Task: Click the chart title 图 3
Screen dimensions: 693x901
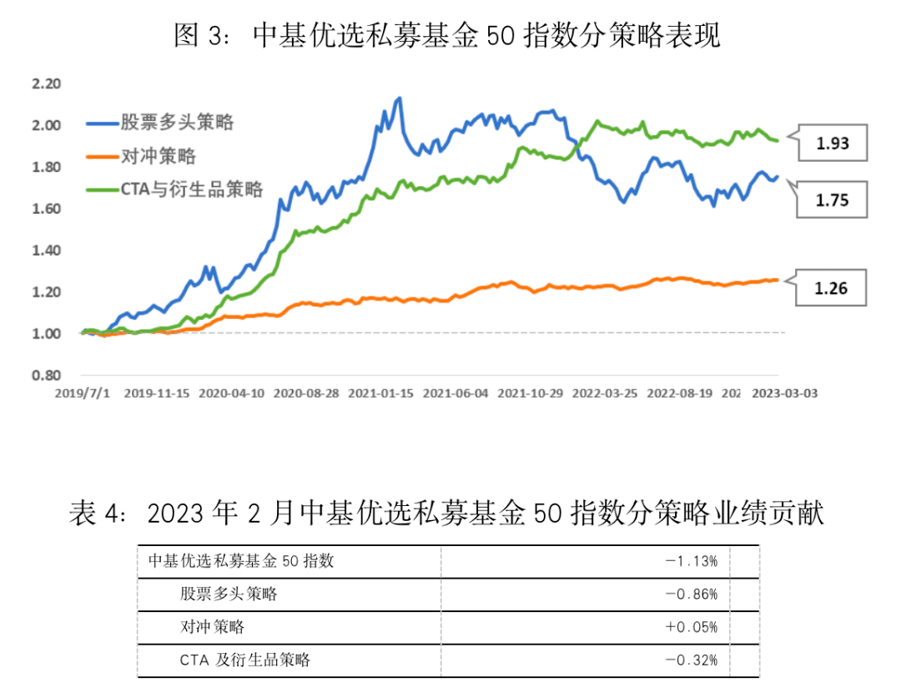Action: (x=446, y=35)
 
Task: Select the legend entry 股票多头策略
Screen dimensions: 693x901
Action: (x=160, y=123)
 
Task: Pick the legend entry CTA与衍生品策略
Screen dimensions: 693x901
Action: (x=175, y=190)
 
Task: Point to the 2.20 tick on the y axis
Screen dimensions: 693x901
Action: (x=46, y=83)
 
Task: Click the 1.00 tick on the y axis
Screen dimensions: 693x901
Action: (x=46, y=334)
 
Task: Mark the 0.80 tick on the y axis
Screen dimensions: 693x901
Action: (x=46, y=376)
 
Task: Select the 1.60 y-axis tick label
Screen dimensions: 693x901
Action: (x=46, y=209)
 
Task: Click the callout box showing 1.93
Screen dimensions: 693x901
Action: (x=833, y=143)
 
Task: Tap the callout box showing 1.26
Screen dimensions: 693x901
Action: (x=833, y=288)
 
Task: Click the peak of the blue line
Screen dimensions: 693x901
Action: (x=400, y=99)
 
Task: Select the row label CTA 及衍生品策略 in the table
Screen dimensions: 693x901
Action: (x=244, y=660)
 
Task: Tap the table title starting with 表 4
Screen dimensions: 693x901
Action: (x=446, y=513)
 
